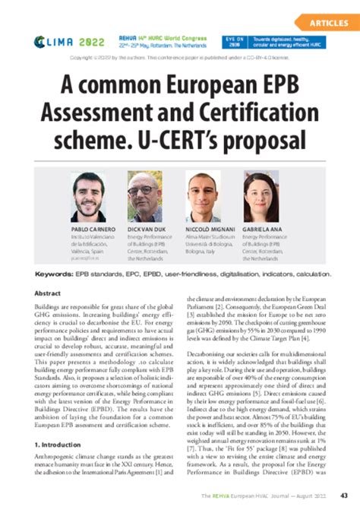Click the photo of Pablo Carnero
[x=87, y=196]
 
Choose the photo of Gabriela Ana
[x=260, y=196]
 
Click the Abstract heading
[x=49, y=293]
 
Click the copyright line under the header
[x=180, y=58]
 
